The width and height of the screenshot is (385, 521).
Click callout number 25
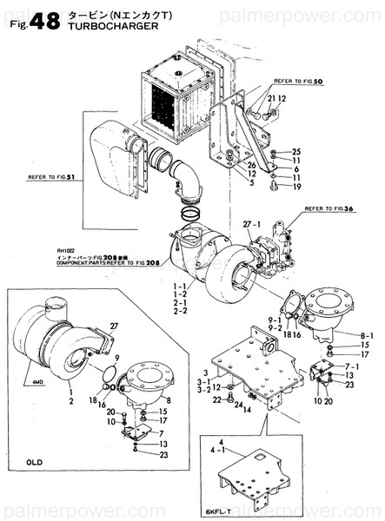tap(295, 152)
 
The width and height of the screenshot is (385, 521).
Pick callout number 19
tap(295, 187)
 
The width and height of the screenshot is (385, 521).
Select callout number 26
tap(250, 165)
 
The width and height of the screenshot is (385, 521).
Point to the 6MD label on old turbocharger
tap(37, 379)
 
